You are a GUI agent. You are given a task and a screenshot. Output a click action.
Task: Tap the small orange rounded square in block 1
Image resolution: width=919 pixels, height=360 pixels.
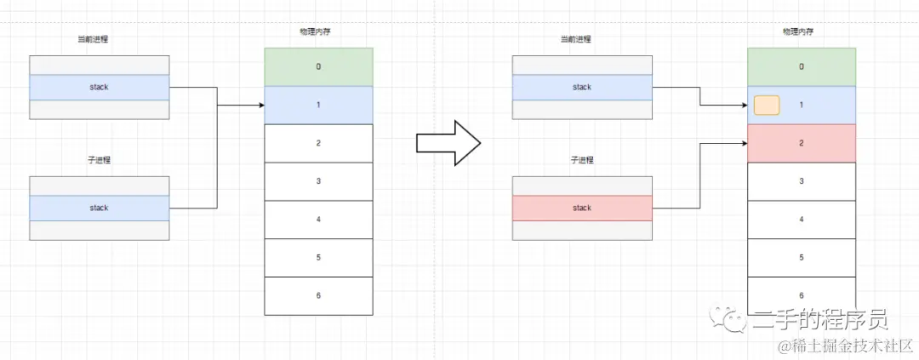click(x=767, y=106)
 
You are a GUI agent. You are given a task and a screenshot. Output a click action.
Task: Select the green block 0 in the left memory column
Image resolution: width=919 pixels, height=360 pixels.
click(x=318, y=66)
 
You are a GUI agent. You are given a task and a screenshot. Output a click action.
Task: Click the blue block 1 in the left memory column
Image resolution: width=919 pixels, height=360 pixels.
click(x=318, y=105)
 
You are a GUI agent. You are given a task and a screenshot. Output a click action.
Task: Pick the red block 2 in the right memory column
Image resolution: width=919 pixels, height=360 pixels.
click(x=802, y=143)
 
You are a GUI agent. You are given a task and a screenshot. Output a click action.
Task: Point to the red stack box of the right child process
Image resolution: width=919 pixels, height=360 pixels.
click(x=582, y=209)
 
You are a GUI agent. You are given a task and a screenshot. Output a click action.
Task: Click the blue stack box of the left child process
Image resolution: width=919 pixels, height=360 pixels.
click(x=99, y=208)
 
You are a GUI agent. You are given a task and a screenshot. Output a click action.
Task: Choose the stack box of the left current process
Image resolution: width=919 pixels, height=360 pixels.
click(x=99, y=87)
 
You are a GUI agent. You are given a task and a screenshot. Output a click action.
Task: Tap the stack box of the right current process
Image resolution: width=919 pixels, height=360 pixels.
click(x=582, y=87)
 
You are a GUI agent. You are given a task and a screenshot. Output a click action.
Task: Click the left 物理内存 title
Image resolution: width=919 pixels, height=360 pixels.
click(x=318, y=32)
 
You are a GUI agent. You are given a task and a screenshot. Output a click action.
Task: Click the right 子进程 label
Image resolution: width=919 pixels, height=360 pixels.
click(x=582, y=160)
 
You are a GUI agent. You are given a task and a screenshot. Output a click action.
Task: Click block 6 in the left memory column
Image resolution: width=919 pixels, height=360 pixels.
click(x=318, y=295)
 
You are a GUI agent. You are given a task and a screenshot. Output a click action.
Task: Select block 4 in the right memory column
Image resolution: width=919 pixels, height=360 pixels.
click(x=802, y=219)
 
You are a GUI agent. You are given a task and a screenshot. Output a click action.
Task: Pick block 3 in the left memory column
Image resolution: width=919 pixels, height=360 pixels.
click(x=318, y=180)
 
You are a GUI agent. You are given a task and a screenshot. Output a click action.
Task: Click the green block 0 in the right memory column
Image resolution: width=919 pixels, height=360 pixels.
click(x=802, y=66)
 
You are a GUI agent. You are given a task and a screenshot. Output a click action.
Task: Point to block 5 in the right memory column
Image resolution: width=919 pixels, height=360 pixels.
click(x=802, y=256)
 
